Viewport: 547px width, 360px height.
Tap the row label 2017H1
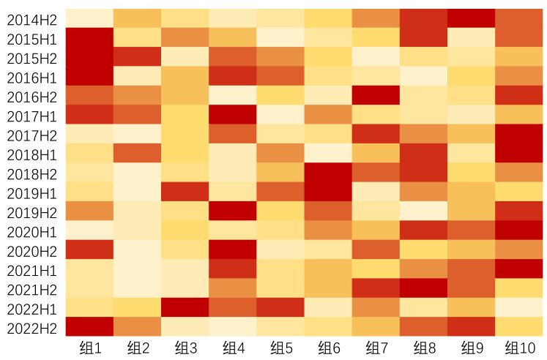(x=31, y=116)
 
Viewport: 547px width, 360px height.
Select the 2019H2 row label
(x=31, y=212)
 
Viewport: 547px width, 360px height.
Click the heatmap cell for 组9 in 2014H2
(x=472, y=18)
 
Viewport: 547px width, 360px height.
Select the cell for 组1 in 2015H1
(x=89, y=37)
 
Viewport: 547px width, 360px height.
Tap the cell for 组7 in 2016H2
(x=376, y=95)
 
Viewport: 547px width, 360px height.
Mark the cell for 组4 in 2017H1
(x=233, y=114)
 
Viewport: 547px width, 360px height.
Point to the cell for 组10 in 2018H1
(x=520, y=153)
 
